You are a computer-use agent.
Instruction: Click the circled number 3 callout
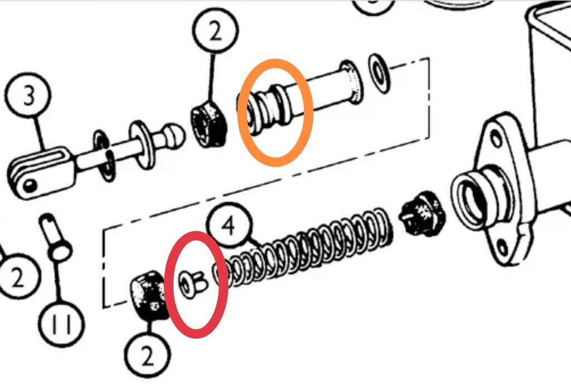28,95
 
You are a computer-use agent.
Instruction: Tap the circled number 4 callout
229,226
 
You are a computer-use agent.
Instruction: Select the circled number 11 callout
61,324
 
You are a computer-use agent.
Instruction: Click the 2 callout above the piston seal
216,31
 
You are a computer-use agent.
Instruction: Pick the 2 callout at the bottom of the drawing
147,356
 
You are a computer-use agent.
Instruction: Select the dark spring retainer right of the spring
423,212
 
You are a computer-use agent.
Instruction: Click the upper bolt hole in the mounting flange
496,140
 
